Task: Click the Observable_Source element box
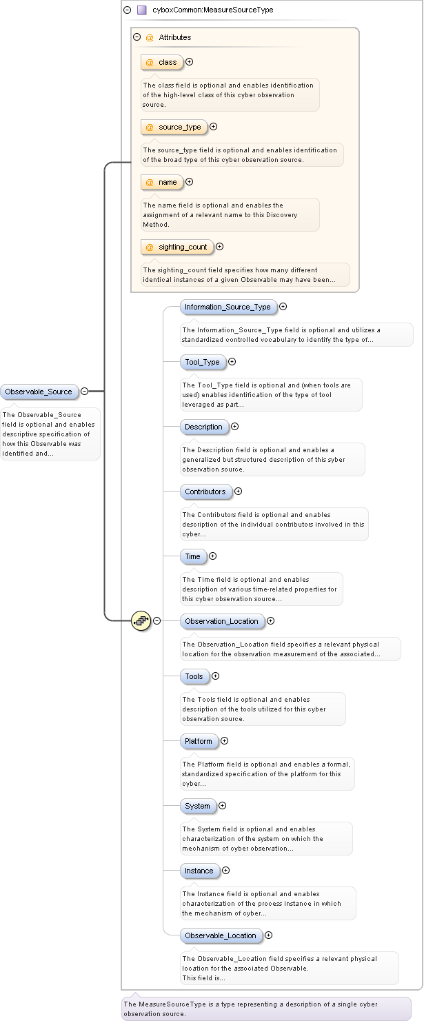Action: (39, 392)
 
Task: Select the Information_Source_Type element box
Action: (228, 307)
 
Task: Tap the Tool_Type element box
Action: (202, 362)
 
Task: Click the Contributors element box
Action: (205, 492)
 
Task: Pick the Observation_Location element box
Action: (221, 621)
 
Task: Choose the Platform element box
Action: (199, 741)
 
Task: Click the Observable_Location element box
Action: (220, 935)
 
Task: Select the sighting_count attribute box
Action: (177, 247)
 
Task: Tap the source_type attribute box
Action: (174, 127)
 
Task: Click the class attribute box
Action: (162, 62)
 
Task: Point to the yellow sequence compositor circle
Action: (141, 620)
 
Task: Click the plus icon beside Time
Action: (212, 556)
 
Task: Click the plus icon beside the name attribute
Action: (189, 182)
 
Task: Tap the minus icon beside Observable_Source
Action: (84, 392)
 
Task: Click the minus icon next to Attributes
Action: (137, 37)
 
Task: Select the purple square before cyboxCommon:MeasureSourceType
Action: (141, 10)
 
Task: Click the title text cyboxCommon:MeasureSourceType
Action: (212, 10)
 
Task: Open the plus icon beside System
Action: (222, 806)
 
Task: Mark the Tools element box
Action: (194, 676)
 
